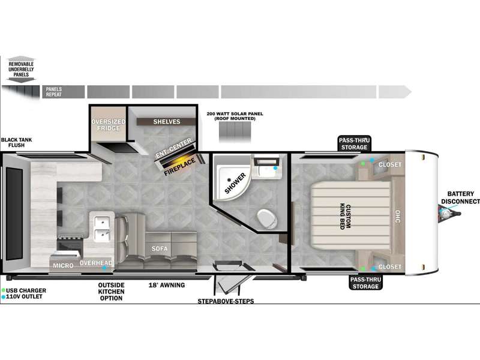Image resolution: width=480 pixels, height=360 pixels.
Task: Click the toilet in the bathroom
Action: (266, 218)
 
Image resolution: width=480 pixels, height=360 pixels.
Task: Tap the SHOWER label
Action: (235, 183)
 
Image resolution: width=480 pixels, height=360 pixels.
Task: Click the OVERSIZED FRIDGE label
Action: (109, 125)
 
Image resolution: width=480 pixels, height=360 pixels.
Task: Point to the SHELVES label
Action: (167, 122)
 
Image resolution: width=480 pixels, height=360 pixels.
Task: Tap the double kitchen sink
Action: (102, 227)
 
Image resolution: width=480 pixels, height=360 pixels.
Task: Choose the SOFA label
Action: (160, 249)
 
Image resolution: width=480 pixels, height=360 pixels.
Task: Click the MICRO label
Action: (63, 265)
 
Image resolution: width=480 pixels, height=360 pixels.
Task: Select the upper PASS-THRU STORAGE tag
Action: (354, 143)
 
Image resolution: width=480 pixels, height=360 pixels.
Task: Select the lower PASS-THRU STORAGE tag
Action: (366, 283)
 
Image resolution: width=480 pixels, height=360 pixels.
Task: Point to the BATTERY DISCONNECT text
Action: (460, 197)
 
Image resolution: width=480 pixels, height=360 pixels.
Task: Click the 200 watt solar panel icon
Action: (235, 132)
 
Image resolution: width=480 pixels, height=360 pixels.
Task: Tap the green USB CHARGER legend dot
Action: (4, 290)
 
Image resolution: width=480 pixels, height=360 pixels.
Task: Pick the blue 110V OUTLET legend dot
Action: (4, 296)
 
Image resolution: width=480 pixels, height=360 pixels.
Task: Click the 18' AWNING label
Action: (167, 285)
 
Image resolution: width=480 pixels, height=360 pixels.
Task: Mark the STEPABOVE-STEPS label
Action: (226, 301)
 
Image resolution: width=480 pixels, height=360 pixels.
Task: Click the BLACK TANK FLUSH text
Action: (16, 142)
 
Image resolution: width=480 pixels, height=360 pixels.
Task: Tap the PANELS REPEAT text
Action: (54, 92)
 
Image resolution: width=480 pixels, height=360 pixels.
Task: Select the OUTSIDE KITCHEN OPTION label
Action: (111, 292)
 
